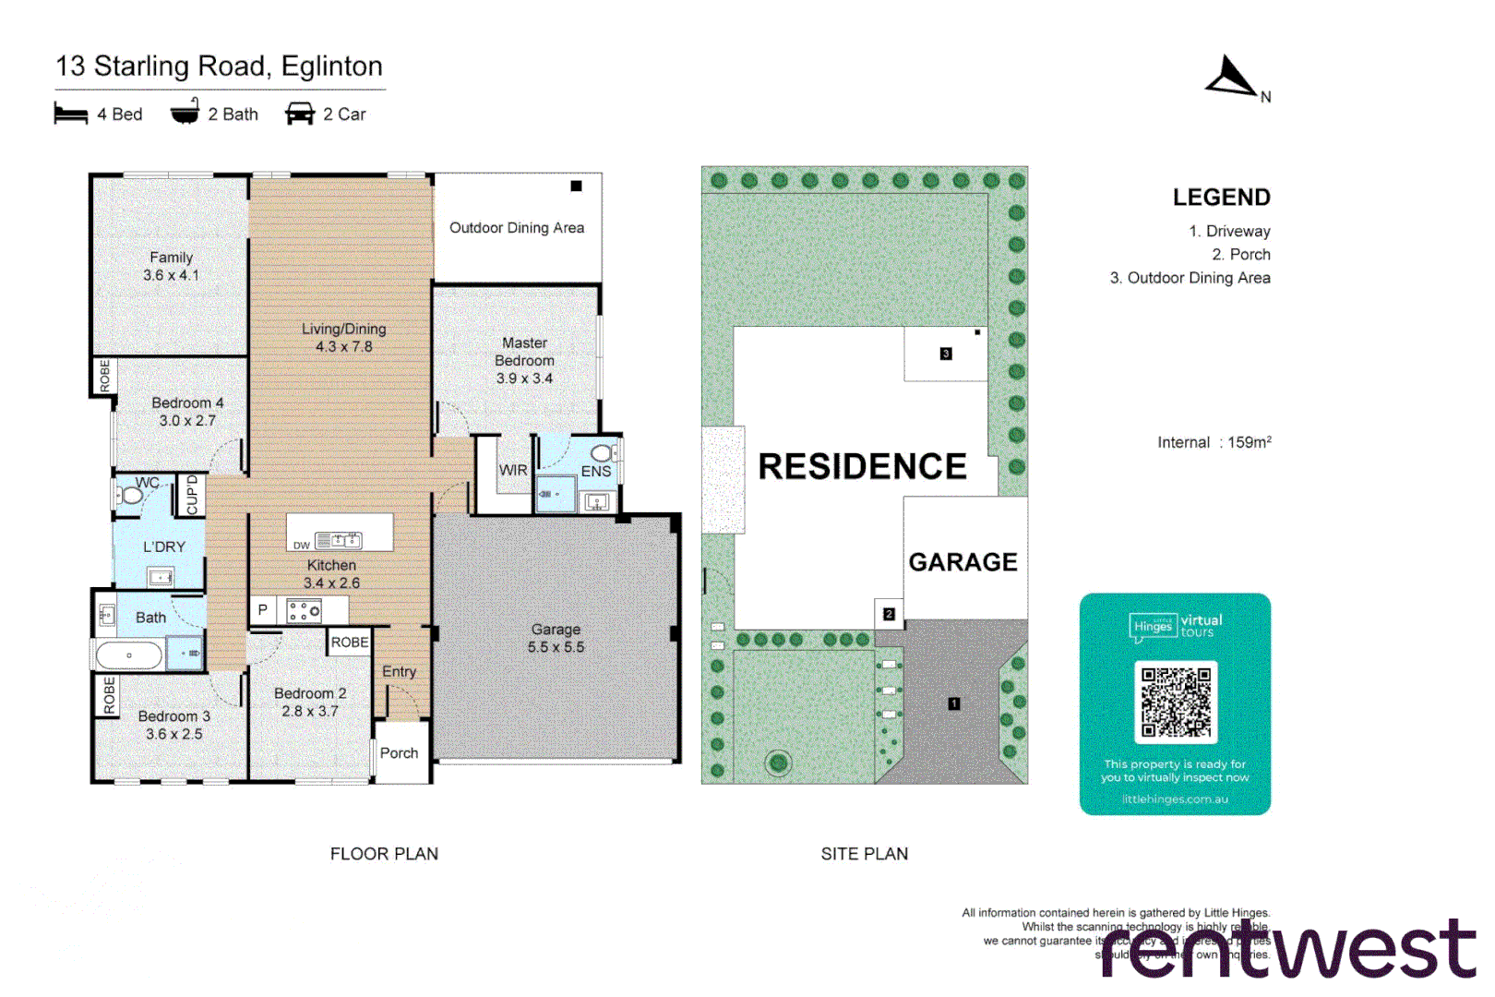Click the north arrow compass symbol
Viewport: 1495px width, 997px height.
(1232, 78)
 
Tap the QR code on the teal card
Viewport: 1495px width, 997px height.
(1175, 702)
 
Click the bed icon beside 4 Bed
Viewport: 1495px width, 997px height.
(70, 114)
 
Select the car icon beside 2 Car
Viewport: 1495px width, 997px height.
(300, 114)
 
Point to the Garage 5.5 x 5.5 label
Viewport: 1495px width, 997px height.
(556, 638)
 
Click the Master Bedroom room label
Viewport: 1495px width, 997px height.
(524, 360)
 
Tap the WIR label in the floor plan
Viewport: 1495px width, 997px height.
(513, 470)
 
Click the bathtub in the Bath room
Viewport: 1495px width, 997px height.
(129, 655)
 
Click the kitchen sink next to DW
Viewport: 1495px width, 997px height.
(339, 541)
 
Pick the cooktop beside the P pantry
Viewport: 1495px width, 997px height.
(304, 610)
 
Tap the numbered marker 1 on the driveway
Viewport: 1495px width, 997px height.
(954, 703)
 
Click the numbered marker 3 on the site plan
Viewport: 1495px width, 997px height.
(946, 354)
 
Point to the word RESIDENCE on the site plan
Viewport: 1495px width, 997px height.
(862, 467)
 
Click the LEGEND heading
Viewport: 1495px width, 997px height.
(1221, 198)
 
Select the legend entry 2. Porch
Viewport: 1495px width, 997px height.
(1240, 255)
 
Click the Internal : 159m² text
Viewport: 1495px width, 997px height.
(1214, 443)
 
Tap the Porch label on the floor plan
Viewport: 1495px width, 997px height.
(399, 753)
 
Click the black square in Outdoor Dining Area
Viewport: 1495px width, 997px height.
(576, 186)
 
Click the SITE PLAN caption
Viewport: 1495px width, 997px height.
(864, 854)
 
